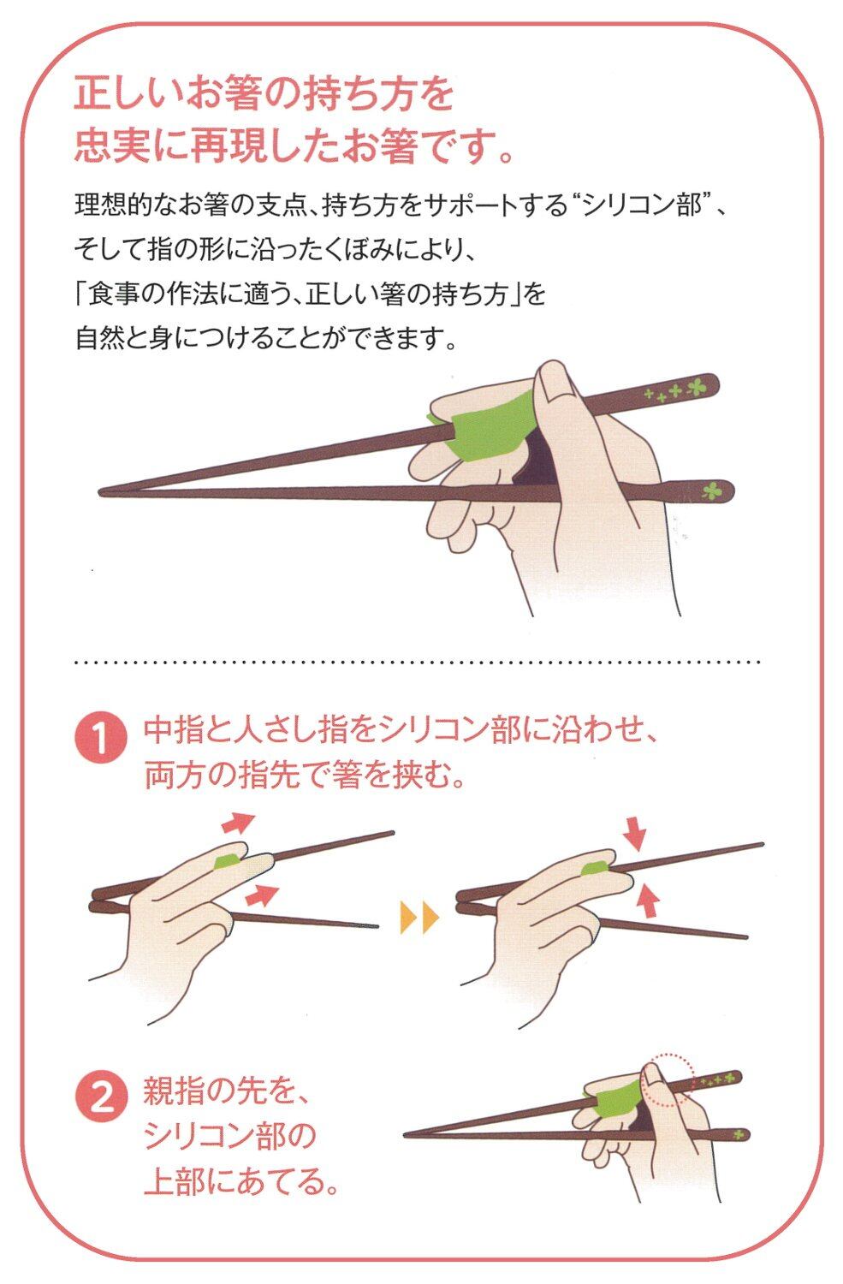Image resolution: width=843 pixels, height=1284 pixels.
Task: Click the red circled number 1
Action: [x=101, y=738]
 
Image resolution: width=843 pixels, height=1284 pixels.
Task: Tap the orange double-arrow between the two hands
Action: [x=419, y=917]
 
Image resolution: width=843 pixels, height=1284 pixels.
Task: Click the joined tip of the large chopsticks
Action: [x=102, y=492]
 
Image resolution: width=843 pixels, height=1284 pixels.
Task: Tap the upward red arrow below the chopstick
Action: [x=648, y=900]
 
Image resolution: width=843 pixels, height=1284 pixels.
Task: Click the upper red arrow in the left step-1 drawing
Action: [x=238, y=823]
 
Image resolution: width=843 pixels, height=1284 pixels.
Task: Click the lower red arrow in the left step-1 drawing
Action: [x=261, y=895]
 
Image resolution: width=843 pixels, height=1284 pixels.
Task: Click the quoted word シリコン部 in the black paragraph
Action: [x=642, y=206]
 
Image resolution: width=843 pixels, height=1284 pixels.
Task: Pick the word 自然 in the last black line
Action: [x=100, y=338]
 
